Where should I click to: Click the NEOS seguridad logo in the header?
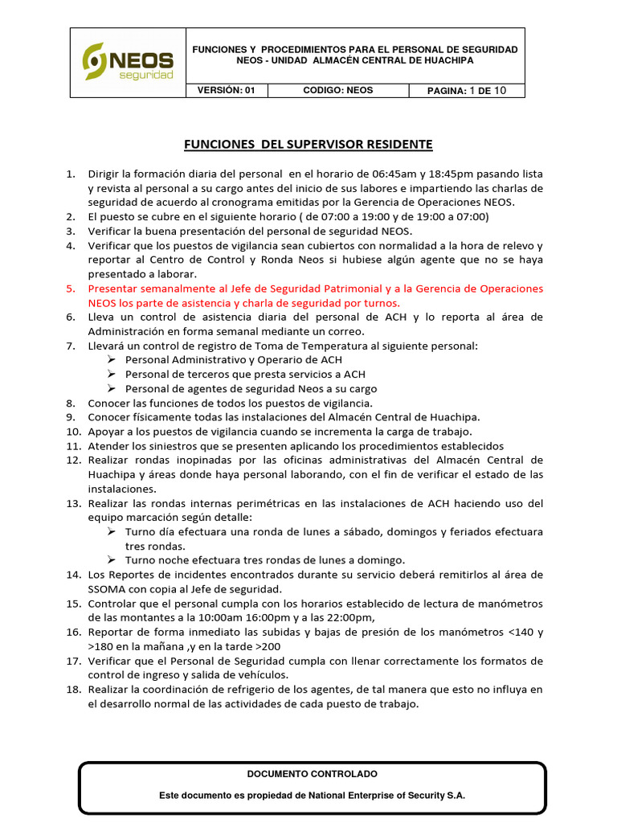tap(129, 62)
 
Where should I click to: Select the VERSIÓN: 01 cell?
tap(227, 90)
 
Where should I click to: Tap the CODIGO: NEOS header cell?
tap(337, 90)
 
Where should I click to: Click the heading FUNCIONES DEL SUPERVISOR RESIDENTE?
tap(308, 145)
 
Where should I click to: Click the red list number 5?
tap(70, 289)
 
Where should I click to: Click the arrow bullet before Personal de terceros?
tap(113, 375)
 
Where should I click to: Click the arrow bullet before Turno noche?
tap(113, 560)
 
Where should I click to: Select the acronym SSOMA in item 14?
tap(106, 589)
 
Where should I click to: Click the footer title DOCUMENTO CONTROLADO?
tap(313, 773)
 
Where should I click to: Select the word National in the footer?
tap(322, 794)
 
